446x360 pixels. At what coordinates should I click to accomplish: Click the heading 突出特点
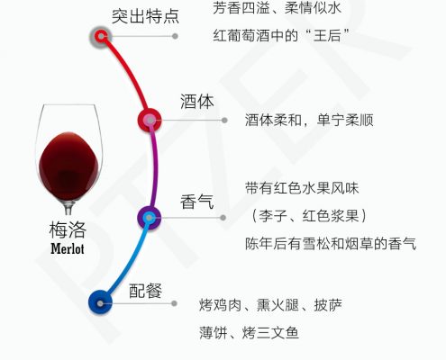(145, 16)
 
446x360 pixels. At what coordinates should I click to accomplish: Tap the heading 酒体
(197, 102)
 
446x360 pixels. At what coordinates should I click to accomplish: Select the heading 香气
(197, 202)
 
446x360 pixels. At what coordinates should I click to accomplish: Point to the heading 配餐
(145, 291)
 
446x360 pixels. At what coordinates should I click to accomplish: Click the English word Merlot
(68, 248)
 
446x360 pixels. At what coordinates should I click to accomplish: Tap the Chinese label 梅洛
(68, 230)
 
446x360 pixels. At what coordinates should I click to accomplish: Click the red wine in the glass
(68, 165)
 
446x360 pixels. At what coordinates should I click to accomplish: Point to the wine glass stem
(68, 207)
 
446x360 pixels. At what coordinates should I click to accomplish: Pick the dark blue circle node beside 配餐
(100, 303)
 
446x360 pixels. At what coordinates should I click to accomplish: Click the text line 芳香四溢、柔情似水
(277, 8)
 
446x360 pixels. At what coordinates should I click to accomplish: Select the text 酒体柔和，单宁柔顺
(309, 121)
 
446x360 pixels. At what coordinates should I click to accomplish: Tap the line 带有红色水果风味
(302, 188)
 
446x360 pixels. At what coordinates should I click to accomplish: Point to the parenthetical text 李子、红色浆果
(309, 216)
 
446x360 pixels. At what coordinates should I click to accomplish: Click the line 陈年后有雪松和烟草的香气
(331, 243)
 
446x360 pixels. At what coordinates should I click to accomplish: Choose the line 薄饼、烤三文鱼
(249, 333)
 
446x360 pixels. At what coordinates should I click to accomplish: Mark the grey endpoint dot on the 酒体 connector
(224, 121)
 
